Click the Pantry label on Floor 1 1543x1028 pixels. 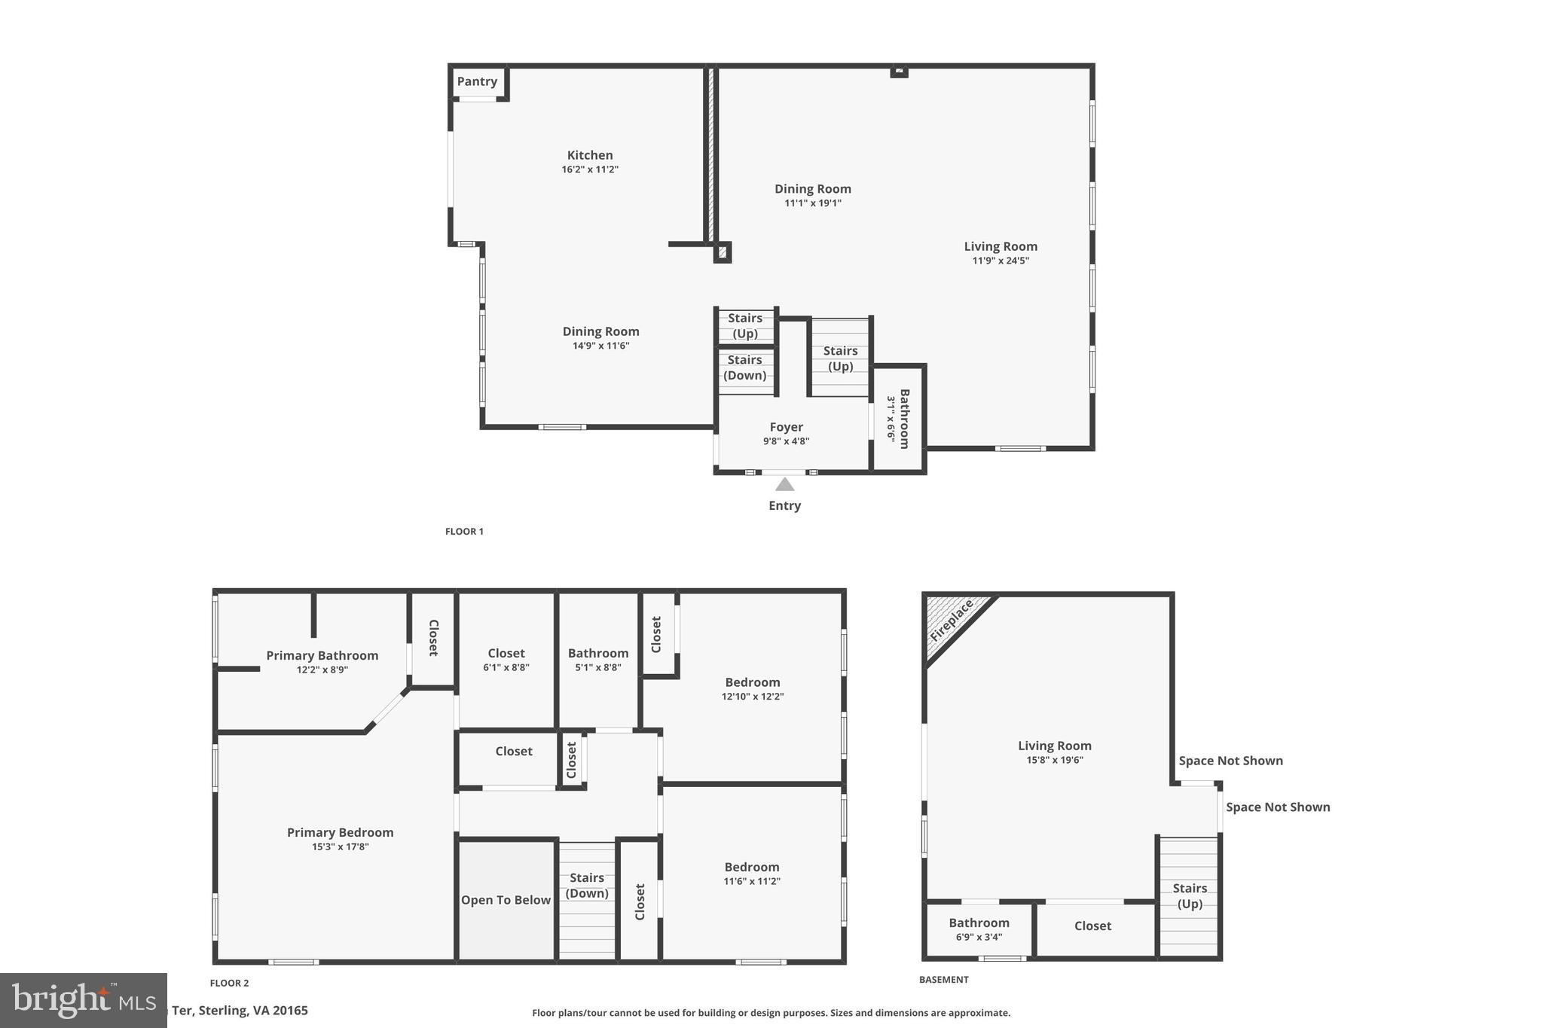pyautogui.click(x=477, y=81)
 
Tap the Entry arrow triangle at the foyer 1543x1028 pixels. pyautogui.click(x=784, y=484)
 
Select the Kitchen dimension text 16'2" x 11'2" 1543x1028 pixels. pyautogui.click(x=590, y=169)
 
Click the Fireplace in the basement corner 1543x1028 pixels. pyautogui.click(x=951, y=619)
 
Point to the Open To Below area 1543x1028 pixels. pyautogui.click(x=506, y=900)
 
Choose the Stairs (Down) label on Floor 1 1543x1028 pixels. pyautogui.click(x=745, y=368)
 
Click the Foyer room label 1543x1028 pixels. pyautogui.click(x=786, y=427)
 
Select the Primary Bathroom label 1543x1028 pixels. pyautogui.click(x=322, y=655)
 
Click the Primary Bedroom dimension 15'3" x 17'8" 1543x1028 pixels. pyautogui.click(x=340, y=846)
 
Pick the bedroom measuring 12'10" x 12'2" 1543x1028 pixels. pyautogui.click(x=752, y=688)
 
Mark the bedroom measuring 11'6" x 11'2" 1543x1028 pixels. pyautogui.click(x=751, y=874)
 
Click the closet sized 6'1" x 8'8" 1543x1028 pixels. pyautogui.click(x=506, y=660)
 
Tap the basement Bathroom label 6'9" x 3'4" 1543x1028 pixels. pyautogui.click(x=979, y=929)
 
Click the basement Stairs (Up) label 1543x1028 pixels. pyautogui.click(x=1190, y=895)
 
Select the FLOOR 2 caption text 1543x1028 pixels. pyautogui.click(x=229, y=983)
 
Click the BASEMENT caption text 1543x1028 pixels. pyautogui.click(x=943, y=980)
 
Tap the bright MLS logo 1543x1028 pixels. pyautogui.click(x=83, y=1000)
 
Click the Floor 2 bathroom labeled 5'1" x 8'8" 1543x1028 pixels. pyautogui.click(x=597, y=660)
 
